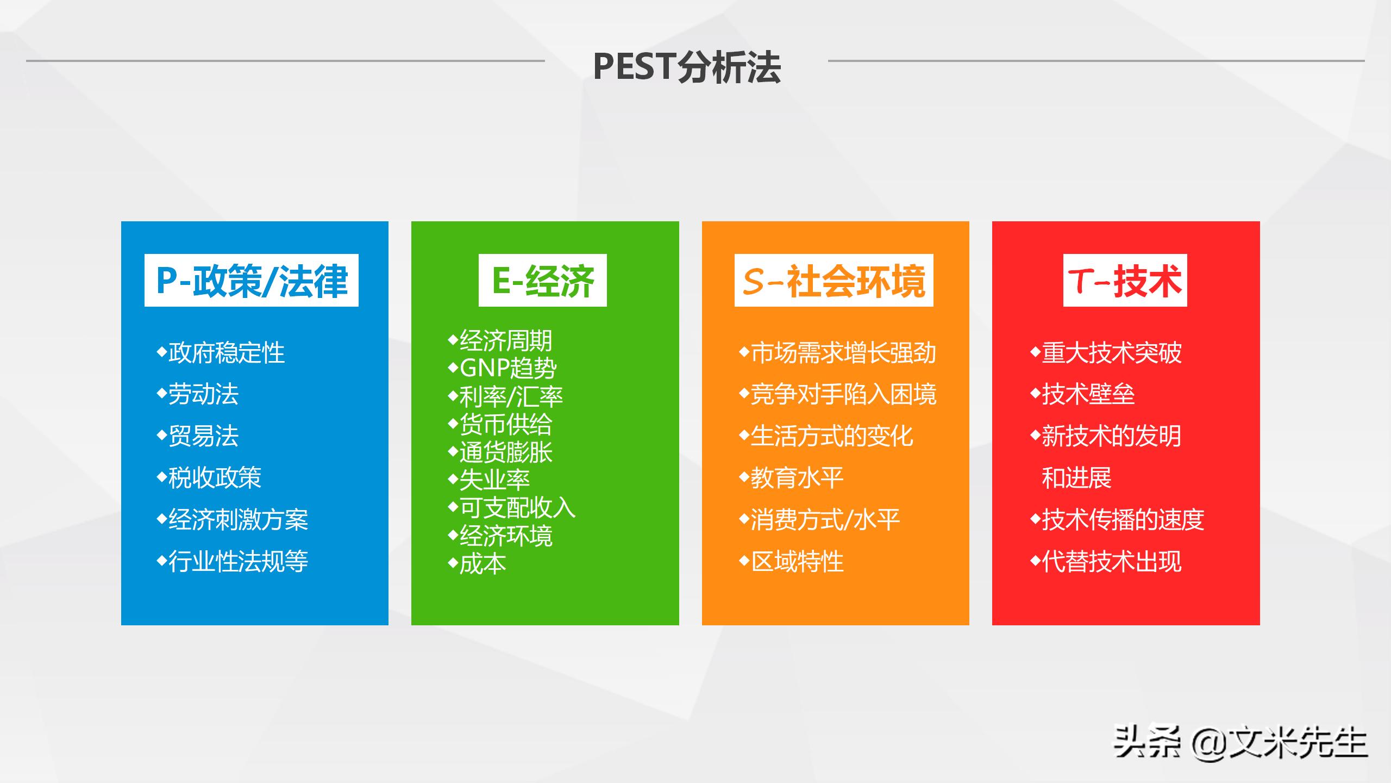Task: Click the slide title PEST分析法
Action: click(686, 67)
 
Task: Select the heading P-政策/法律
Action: click(252, 281)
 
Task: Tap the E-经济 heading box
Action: click(543, 281)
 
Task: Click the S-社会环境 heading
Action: click(834, 281)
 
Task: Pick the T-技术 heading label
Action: click(1125, 281)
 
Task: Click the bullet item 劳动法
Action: click(203, 394)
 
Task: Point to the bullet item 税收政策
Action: click(215, 478)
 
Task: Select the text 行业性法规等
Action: click(238, 562)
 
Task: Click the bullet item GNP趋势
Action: click(508, 369)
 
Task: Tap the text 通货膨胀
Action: click(506, 452)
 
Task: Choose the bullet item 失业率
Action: click(494, 480)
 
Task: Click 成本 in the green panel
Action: click(483, 564)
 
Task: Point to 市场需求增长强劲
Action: click(843, 353)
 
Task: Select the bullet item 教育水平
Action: click(797, 478)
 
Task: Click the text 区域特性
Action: click(797, 562)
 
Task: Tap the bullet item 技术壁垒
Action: click(1088, 394)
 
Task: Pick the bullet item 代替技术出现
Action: click(1111, 562)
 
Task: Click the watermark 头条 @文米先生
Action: click(1240, 742)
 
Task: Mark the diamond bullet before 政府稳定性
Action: click(161, 351)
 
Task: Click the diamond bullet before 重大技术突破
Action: click(1035, 351)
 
